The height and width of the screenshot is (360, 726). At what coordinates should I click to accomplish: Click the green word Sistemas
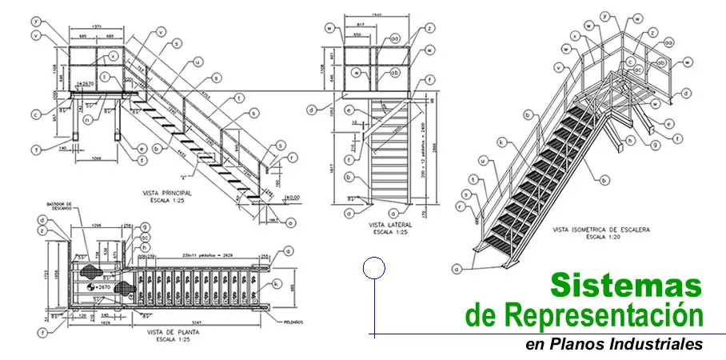click(x=626, y=286)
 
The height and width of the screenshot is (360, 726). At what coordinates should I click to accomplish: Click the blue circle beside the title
click(x=373, y=268)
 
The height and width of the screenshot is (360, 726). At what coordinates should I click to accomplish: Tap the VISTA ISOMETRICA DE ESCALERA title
click(x=601, y=230)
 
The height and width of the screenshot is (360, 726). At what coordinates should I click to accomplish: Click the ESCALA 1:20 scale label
click(x=601, y=238)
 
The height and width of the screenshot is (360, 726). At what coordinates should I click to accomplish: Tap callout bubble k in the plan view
click(x=277, y=283)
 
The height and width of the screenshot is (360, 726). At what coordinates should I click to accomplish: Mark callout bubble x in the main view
click(x=114, y=56)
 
